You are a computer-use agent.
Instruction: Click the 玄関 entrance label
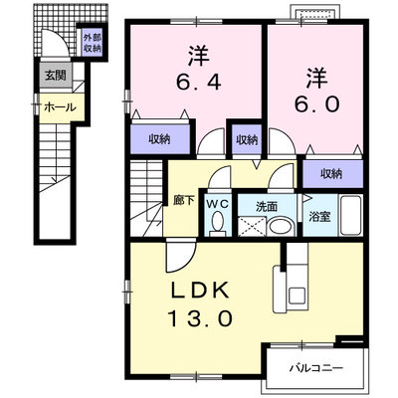56,76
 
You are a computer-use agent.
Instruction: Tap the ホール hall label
60,107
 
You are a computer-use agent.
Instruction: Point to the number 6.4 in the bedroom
198,82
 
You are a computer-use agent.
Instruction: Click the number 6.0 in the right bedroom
316,103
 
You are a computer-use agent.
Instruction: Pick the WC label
218,204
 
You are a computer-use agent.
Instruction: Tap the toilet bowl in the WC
218,222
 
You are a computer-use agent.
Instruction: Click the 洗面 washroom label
267,207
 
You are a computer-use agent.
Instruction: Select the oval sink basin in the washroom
281,227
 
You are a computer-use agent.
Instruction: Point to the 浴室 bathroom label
319,217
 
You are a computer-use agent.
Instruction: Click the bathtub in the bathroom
351,215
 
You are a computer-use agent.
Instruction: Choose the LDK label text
200,291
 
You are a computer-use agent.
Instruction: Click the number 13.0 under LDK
200,318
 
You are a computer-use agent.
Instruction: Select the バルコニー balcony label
315,368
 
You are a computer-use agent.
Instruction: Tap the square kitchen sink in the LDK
297,296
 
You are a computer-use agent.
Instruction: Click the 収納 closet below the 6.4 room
161,139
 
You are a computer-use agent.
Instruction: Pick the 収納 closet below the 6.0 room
332,174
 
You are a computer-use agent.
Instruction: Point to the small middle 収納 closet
247,140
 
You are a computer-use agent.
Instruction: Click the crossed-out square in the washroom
252,227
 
